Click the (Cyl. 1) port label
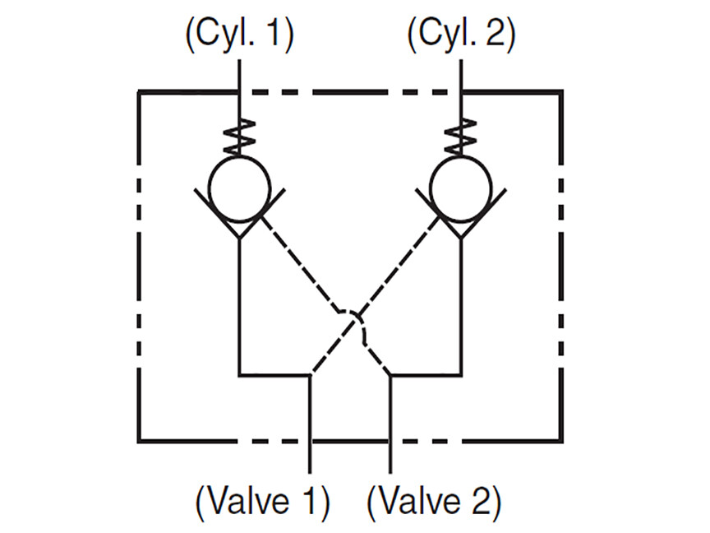tap(240, 35)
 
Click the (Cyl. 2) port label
tap(461, 35)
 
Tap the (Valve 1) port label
tap(263, 503)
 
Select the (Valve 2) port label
tap(434, 503)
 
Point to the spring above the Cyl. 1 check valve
tap(239, 137)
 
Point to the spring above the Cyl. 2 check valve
tap(461, 137)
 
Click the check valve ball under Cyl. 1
tap(239, 188)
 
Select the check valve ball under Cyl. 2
tap(461, 188)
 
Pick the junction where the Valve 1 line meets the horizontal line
tap(310, 375)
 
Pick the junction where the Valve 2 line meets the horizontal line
tap(390, 375)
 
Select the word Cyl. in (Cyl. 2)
tap(442, 35)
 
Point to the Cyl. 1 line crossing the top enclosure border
tap(239, 92)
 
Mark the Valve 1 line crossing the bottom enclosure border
tap(310, 440)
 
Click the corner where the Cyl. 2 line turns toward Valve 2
tap(461, 375)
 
